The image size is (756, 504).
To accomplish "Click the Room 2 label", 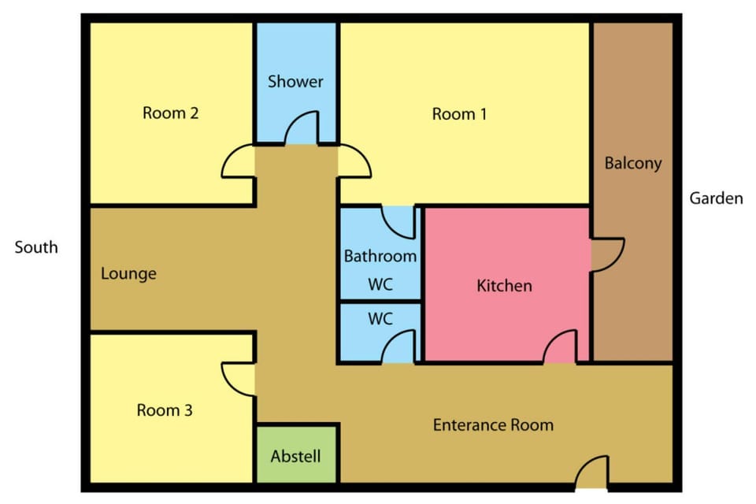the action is pos(171,113).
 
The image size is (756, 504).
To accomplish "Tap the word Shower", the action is pos(295,81).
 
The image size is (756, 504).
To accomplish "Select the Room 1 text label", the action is pos(459,114).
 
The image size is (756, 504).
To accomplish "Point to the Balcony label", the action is pos(633,163).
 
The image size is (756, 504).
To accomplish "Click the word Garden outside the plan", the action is pos(716,198).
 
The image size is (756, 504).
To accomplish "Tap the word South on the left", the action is pos(36,247).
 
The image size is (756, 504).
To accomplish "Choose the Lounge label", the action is pos(128,274).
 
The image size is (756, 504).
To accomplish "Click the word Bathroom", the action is pos(380,256).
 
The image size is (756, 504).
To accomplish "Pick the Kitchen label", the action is pos(504,286).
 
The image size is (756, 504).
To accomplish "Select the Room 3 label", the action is pos(165,410).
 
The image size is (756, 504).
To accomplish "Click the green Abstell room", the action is pos(296,454).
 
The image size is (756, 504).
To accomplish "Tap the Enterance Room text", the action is pos(493,425).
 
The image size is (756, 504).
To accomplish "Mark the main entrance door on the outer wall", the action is pos(592,472).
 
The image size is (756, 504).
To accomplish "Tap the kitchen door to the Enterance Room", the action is pos(560,346).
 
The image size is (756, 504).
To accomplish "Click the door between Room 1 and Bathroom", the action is pos(398,222).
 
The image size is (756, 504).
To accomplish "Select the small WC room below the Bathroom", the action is pos(380,332).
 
